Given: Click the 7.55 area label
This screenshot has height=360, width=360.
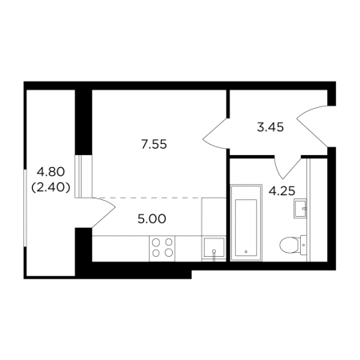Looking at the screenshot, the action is [x=154, y=145].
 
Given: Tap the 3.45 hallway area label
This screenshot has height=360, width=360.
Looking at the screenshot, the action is [x=270, y=127].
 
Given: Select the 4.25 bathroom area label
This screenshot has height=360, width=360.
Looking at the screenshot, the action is [x=282, y=191].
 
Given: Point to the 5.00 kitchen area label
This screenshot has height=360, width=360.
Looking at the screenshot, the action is [x=152, y=219].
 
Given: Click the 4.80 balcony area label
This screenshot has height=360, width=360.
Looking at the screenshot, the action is [x=50, y=172].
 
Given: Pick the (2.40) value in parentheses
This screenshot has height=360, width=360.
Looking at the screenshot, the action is [x=50, y=188].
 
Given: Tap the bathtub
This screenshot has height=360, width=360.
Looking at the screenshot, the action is [x=246, y=222].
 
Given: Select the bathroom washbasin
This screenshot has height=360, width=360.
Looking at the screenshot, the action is [x=300, y=208].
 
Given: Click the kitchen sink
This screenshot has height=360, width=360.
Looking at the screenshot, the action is [x=214, y=247].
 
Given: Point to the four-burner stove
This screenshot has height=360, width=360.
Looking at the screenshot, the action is [x=162, y=248].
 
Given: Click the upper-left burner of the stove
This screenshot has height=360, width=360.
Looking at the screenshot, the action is [x=156, y=242].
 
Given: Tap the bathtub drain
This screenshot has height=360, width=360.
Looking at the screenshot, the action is [x=246, y=251].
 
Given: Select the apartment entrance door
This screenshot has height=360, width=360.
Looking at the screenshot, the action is [x=312, y=126].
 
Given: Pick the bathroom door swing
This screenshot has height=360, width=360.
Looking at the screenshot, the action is [x=288, y=167].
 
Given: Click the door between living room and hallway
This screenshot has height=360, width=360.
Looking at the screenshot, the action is [x=215, y=133].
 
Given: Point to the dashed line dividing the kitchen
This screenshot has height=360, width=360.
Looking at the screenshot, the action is [x=146, y=198].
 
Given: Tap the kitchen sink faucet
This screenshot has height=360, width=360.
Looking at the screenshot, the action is [x=214, y=254].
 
